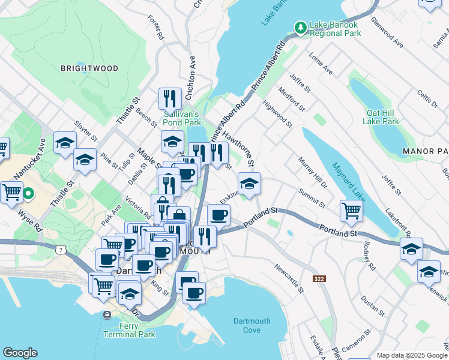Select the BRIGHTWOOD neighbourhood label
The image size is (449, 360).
coord(89,68)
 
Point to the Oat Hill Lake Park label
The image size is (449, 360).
coord(381,117)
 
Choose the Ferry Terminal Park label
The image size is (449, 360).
coord(130,330)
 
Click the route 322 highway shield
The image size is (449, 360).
coord(319,279)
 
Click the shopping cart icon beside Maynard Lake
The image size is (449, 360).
coord(351,210)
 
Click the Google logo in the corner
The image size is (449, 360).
coord(20,353)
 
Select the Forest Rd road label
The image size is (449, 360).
coord(155,28)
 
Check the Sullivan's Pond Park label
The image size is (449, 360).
coord(182,118)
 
